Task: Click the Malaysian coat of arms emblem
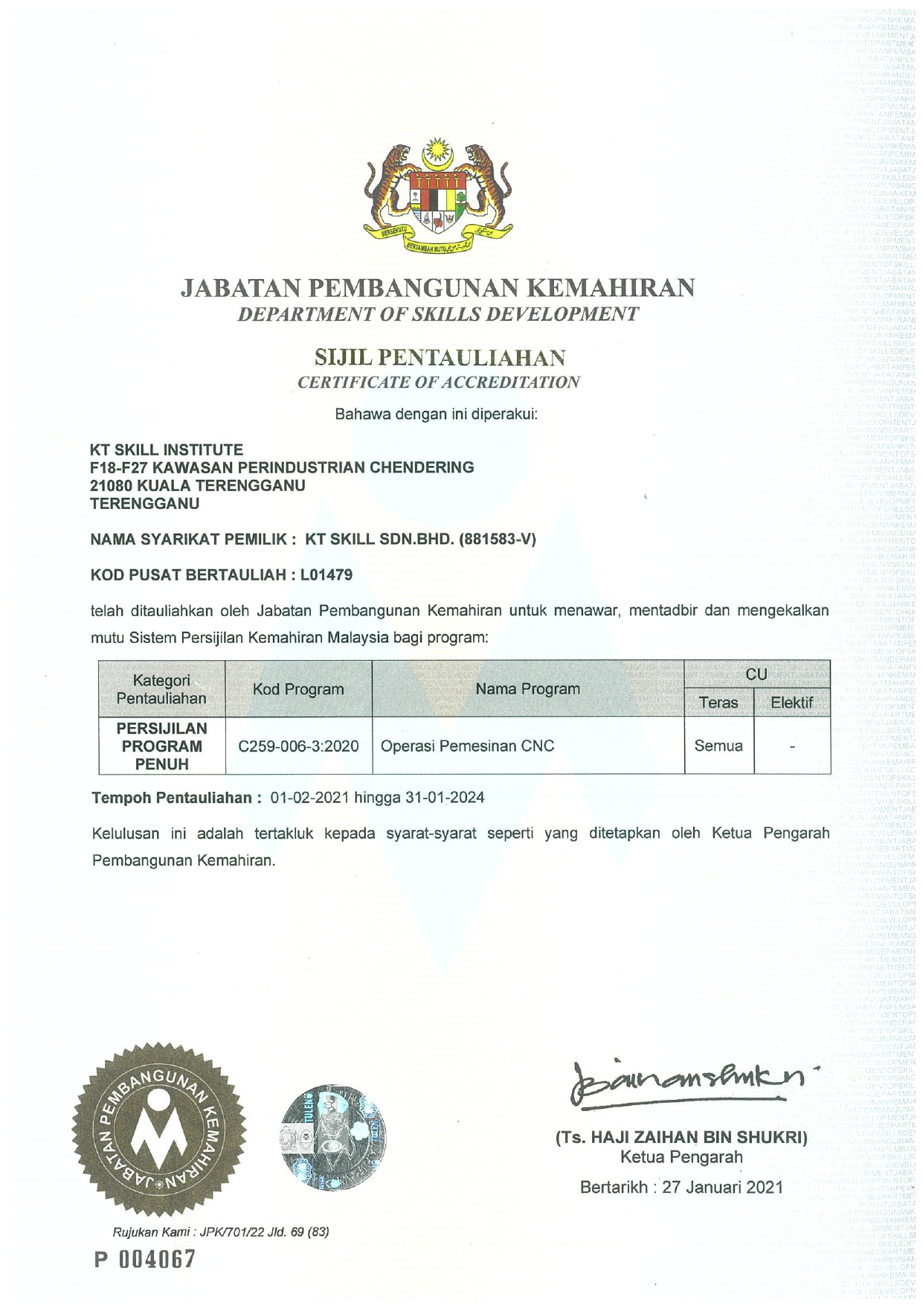[x=437, y=195]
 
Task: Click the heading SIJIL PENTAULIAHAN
[x=440, y=358]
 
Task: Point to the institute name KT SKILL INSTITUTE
[x=167, y=449]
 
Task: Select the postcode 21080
[x=112, y=485]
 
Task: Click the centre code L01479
[x=326, y=574]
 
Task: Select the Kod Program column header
[x=298, y=689]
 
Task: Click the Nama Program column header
[x=527, y=689]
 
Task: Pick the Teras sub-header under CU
[x=718, y=702]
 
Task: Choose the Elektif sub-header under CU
[x=791, y=702]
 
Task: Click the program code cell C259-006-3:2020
[x=298, y=746]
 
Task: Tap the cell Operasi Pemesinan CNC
[x=467, y=746]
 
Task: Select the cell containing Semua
[x=718, y=746]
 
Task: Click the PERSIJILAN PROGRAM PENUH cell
[x=162, y=746]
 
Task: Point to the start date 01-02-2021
[x=309, y=798]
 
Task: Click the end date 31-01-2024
[x=445, y=798]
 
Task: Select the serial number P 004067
[x=145, y=1259]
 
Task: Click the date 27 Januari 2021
[x=722, y=1187]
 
